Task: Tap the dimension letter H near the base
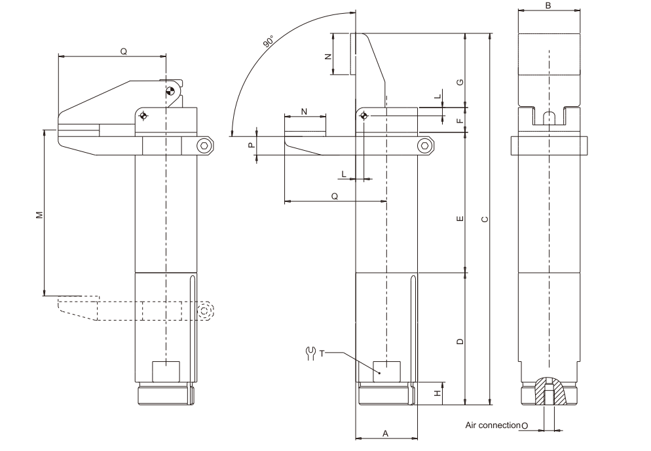click(437, 393)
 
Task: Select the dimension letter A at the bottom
click(386, 433)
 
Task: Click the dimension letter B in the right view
click(548, 5)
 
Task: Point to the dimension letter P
click(251, 146)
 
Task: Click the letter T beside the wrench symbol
click(322, 354)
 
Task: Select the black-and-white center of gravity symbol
click(170, 90)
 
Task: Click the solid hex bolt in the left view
click(206, 146)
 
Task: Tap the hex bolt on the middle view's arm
click(425, 146)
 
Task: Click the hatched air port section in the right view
click(549, 391)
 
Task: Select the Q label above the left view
click(124, 50)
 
